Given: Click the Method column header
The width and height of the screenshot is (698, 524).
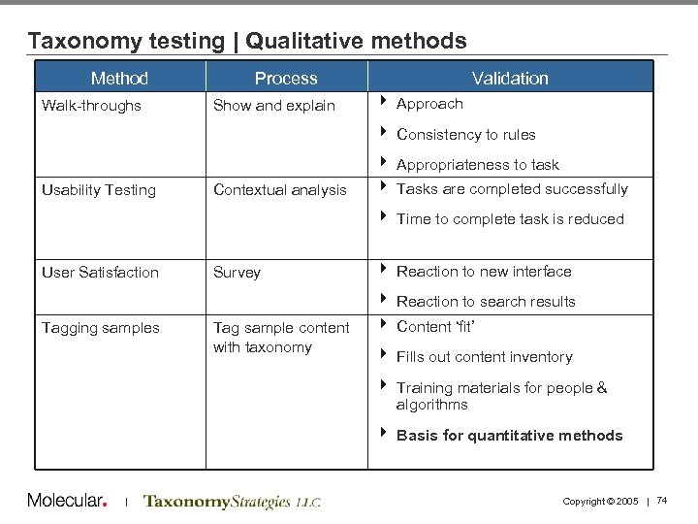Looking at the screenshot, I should coord(119,79).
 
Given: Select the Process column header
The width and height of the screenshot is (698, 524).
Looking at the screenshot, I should coord(286,79).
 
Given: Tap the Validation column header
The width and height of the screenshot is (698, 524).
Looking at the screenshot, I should coord(510,79).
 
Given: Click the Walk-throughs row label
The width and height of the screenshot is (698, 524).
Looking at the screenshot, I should coord(91,106).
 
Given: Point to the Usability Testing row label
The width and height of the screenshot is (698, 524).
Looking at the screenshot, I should coord(99,190).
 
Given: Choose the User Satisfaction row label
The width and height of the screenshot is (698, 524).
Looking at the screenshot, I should coord(100,273).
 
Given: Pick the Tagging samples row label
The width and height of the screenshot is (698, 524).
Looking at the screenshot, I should coord(101,328).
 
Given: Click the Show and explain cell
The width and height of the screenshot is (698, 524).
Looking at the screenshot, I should coord(274,106).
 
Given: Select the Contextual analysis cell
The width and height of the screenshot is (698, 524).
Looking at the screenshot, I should coord(280,190).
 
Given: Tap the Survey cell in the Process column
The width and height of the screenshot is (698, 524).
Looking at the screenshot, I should coord(237,273).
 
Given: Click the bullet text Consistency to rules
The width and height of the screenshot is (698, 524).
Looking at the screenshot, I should coord(466,135).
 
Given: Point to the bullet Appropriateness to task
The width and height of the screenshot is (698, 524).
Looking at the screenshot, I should coord(478,165).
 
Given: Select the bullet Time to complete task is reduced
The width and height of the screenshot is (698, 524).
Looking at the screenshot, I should coord(510,219).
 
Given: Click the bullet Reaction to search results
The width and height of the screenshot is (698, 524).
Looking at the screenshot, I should coord(486,302).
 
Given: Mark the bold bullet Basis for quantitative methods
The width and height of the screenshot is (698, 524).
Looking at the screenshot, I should coord(509,436).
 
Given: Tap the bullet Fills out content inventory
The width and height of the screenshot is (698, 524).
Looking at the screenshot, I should coord(485,357).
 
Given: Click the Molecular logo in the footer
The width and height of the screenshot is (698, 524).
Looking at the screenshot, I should coord(66,501).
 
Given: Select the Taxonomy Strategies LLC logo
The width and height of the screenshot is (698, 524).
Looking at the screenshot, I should coord(232,502).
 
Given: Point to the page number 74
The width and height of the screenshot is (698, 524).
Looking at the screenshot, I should coord(663,500).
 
